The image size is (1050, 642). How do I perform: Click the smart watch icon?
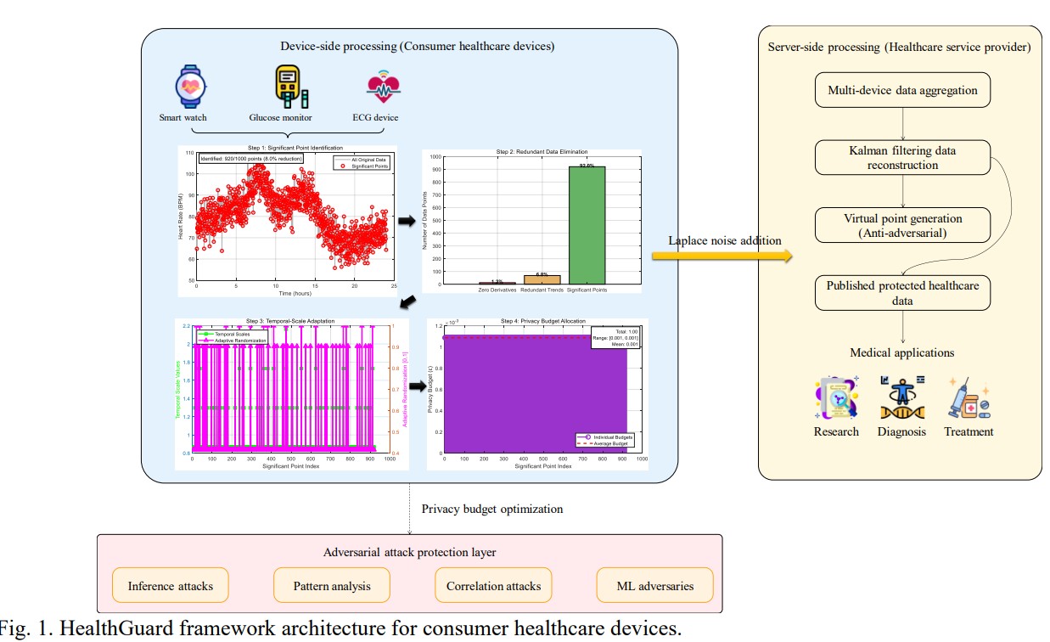(x=191, y=87)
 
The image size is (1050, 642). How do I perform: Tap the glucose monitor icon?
(x=286, y=87)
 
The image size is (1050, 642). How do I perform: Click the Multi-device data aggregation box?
(x=902, y=91)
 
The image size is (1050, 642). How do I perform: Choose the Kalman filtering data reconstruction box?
(x=902, y=159)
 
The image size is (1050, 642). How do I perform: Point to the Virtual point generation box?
(x=902, y=225)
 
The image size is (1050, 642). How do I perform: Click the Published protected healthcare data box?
(x=902, y=293)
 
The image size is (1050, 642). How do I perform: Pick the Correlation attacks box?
(x=493, y=585)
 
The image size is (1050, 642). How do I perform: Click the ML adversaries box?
(x=654, y=585)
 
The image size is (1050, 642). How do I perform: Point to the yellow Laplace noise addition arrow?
(x=722, y=256)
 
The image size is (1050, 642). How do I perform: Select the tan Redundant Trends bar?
(x=542, y=279)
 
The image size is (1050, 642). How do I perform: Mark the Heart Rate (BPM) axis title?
(x=182, y=217)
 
